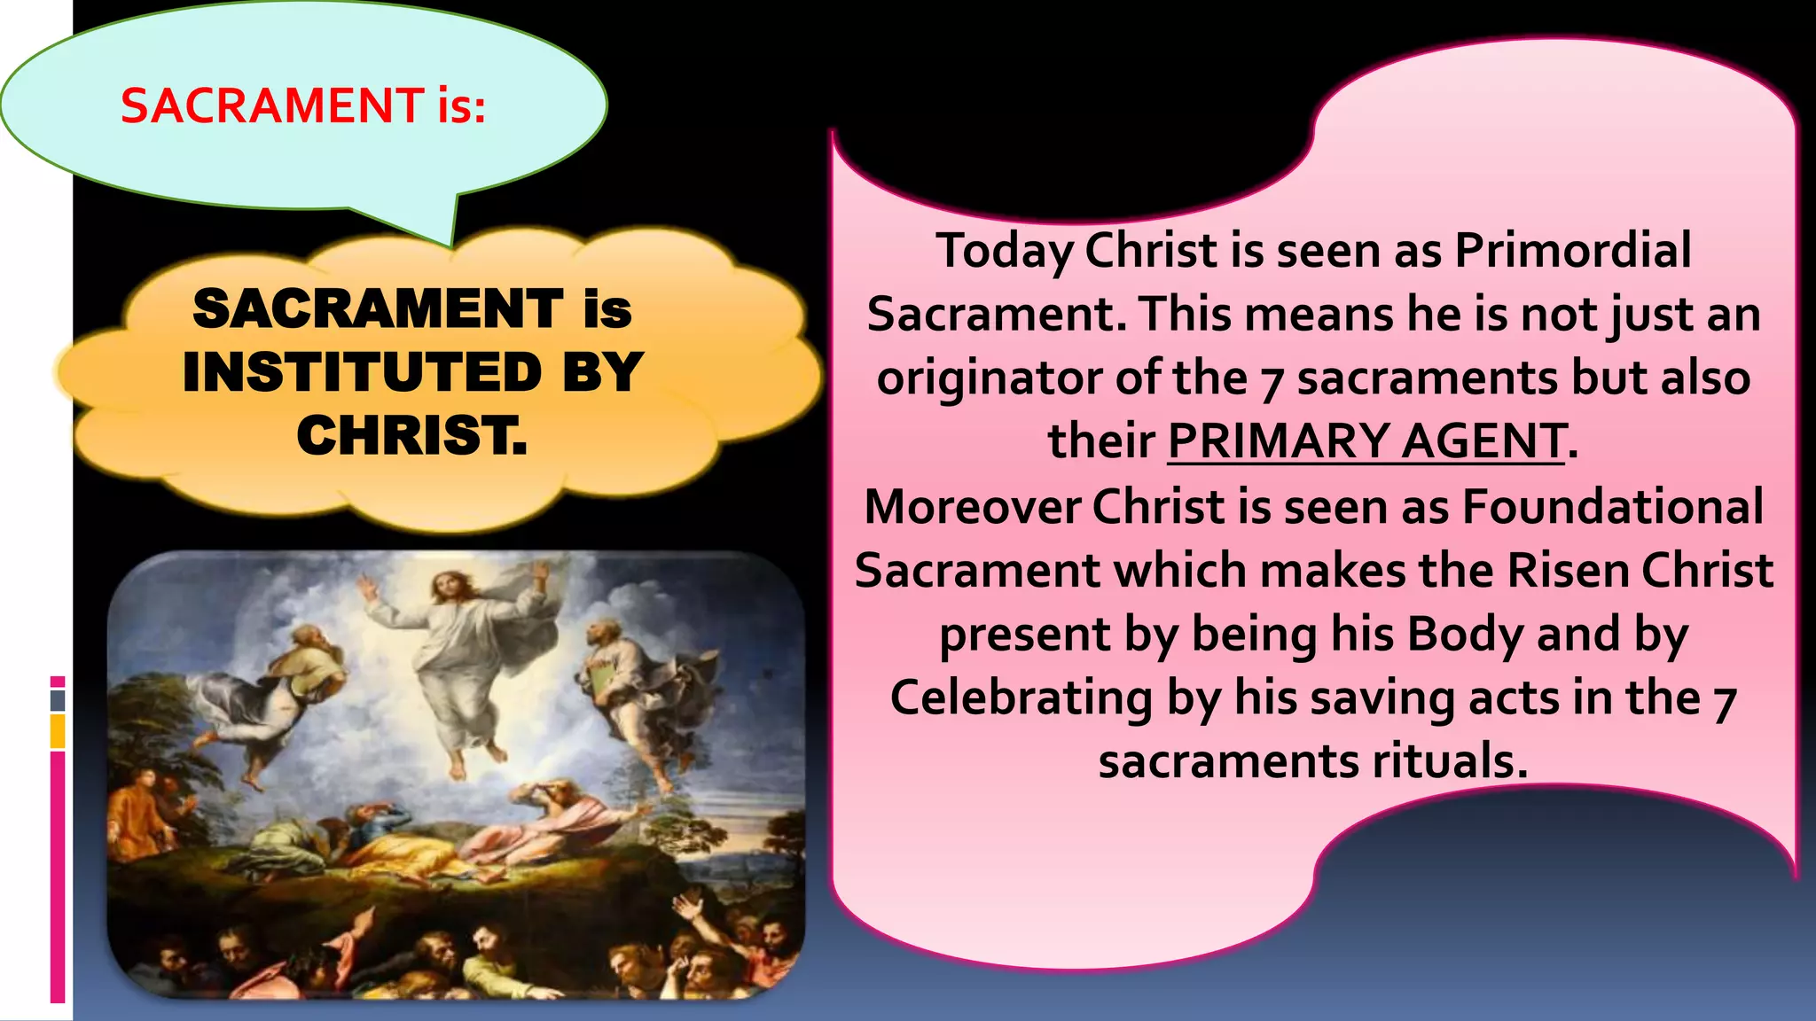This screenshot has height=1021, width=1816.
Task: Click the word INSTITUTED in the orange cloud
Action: pos(363,372)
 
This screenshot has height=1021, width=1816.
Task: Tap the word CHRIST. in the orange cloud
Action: pos(412,436)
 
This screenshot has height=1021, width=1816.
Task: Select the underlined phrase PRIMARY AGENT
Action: pos(1366,441)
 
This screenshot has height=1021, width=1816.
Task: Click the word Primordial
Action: pos(1573,250)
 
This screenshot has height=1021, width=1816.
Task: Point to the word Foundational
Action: pos(1612,507)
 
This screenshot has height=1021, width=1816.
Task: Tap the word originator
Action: pos(989,378)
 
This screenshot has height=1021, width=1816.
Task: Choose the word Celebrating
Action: pos(1021,698)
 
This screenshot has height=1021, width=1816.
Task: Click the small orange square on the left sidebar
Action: pos(58,731)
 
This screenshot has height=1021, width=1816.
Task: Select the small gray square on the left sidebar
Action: pos(58,700)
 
